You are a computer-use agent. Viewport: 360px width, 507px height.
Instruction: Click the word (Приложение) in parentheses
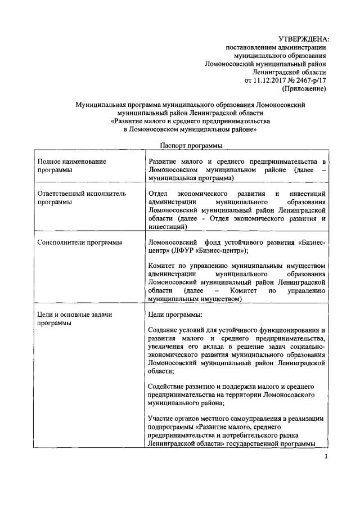pos(304,89)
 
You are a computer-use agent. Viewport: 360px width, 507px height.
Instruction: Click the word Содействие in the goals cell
pos(168,387)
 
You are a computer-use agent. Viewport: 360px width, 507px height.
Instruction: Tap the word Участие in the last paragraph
pos(162,419)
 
